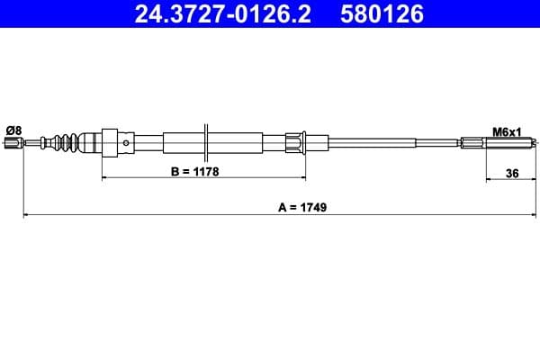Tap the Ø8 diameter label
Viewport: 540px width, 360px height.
pos(13,130)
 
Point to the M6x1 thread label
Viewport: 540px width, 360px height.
pos(508,131)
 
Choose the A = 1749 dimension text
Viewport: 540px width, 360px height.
pos(302,206)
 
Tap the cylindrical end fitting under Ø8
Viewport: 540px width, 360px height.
pos(13,141)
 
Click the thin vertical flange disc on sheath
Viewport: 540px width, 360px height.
pos(208,141)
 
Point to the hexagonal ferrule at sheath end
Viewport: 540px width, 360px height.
pos(294,141)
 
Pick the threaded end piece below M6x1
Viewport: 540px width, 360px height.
pos(477,141)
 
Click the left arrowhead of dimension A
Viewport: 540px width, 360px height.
pos(26,215)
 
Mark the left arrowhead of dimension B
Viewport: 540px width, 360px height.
pos(106,179)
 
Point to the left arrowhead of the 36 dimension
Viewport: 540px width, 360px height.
pos(489,179)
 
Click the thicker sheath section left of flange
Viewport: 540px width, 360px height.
pos(184,141)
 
